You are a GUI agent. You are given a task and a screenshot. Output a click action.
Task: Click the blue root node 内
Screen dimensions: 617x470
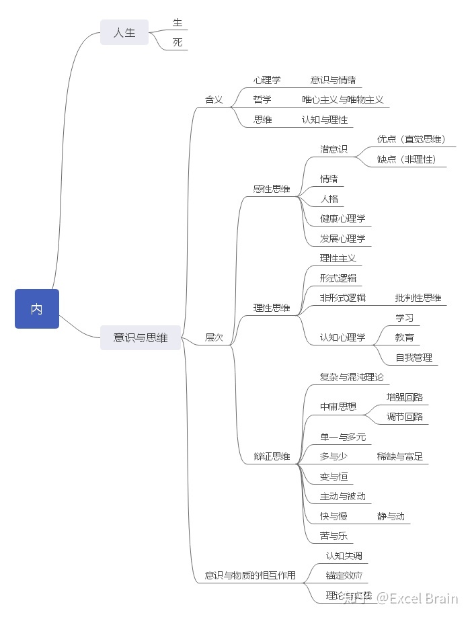point(37,309)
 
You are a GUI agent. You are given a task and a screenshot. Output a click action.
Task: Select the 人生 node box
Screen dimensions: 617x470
point(124,32)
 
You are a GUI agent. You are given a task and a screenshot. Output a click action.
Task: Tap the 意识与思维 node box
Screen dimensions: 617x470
point(141,337)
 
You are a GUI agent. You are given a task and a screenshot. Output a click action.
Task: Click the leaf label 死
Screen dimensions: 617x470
point(178,42)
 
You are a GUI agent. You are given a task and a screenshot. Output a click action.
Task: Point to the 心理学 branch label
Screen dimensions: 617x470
point(267,80)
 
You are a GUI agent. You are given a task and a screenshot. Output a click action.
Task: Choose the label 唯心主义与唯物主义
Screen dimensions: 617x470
point(343,99)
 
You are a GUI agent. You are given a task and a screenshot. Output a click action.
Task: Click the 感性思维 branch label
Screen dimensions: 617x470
point(272,189)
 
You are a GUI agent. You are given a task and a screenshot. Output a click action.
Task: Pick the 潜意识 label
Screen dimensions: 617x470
point(334,149)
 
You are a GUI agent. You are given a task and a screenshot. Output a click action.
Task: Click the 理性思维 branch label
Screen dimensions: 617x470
point(272,308)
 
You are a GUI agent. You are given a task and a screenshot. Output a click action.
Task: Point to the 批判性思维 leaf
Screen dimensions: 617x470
point(418,298)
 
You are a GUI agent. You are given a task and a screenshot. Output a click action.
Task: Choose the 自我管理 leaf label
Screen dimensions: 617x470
point(414,358)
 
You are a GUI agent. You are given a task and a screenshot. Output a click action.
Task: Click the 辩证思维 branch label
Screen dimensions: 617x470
point(272,456)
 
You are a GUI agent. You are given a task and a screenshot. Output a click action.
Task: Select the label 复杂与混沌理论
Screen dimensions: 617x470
point(352,377)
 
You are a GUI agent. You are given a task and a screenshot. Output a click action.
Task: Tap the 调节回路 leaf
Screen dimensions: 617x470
point(405,417)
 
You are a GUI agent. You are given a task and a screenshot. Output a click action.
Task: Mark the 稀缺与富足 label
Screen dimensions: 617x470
point(400,456)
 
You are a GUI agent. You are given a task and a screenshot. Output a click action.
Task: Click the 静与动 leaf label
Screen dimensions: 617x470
point(391,516)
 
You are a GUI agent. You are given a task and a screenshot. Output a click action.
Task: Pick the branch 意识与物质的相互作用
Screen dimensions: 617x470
point(250,575)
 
